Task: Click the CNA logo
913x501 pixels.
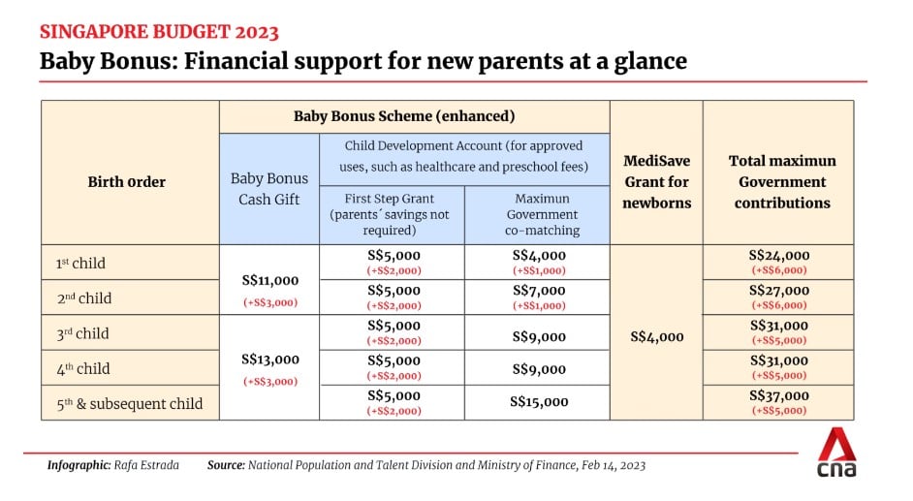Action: (836, 453)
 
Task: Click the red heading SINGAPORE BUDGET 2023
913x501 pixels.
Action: (159, 31)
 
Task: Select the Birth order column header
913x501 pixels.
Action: (126, 182)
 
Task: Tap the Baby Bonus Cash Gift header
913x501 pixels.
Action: (269, 189)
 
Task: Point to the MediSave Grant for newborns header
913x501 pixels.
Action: (657, 181)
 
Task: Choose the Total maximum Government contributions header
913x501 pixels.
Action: (782, 181)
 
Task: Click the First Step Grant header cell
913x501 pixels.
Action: (390, 214)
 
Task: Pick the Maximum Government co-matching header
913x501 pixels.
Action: (542, 214)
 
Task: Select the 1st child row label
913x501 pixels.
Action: (80, 263)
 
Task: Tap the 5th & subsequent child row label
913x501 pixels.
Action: (129, 403)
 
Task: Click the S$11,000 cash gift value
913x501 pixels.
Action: (270, 280)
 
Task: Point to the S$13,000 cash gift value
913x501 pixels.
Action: (270, 360)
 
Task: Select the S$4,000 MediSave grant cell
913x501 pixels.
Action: (657, 337)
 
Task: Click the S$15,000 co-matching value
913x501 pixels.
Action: (539, 402)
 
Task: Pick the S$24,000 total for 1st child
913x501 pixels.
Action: (779, 256)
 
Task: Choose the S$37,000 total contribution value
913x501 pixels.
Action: (779, 395)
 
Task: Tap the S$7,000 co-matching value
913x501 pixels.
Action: (539, 291)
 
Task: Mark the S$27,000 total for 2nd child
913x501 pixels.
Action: (779, 291)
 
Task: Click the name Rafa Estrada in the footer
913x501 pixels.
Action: (146, 465)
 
